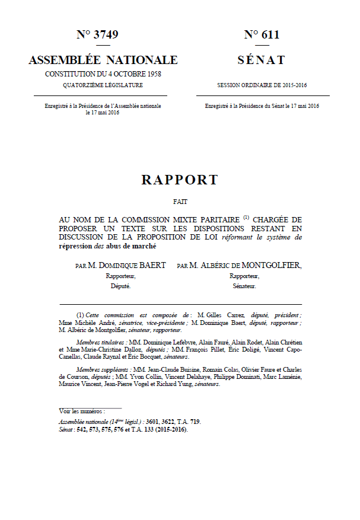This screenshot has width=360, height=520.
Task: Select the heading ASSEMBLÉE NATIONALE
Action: (x=103, y=60)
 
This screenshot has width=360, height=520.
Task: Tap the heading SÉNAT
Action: (x=261, y=60)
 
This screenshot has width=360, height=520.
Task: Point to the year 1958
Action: (x=152, y=74)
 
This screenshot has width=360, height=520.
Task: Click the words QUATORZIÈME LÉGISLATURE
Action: (x=103, y=85)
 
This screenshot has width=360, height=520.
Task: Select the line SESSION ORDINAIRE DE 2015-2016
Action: (x=261, y=85)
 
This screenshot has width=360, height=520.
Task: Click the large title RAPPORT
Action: (x=180, y=180)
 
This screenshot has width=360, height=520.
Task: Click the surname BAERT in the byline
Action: (x=152, y=265)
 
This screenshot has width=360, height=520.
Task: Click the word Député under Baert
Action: (x=120, y=286)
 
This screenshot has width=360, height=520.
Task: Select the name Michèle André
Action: (x=92, y=323)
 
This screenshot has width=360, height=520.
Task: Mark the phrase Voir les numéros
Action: (x=82, y=410)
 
